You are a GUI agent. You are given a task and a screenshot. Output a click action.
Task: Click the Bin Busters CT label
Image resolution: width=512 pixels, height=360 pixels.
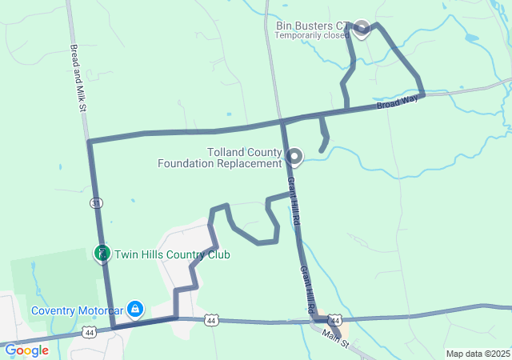pyautogui.click(x=314, y=26)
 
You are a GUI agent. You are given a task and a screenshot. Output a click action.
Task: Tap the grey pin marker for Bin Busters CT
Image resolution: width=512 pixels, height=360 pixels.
pyautogui.click(x=362, y=28)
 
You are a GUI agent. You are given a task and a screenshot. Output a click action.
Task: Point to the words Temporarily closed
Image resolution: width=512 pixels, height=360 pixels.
pyautogui.click(x=314, y=36)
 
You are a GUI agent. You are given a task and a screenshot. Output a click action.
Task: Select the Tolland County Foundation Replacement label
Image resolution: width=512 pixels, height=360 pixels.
pyautogui.click(x=244, y=158)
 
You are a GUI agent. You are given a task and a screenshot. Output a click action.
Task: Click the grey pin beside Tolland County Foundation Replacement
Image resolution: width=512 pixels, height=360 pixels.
pyautogui.click(x=294, y=155)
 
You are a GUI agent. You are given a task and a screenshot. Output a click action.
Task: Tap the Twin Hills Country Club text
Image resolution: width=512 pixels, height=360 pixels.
pyautogui.click(x=172, y=255)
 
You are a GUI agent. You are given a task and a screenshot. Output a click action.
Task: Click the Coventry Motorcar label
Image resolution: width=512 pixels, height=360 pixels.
pyautogui.click(x=77, y=310)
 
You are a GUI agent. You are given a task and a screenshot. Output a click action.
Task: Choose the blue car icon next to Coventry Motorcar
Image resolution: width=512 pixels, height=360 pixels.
pyautogui.click(x=135, y=308)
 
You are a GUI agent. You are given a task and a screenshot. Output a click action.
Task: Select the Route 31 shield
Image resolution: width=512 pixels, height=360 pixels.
pyautogui.click(x=96, y=203)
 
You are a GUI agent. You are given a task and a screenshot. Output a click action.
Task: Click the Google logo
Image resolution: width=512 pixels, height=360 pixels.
pyautogui.click(x=26, y=350)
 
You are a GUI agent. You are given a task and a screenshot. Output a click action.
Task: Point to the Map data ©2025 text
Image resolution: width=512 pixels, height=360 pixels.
pyautogui.click(x=477, y=354)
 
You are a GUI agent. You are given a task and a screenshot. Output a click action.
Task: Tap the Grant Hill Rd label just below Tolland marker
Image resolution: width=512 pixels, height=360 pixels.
pyautogui.click(x=293, y=198)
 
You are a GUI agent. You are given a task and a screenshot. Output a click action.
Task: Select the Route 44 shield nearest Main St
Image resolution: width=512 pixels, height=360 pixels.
pyautogui.click(x=335, y=319)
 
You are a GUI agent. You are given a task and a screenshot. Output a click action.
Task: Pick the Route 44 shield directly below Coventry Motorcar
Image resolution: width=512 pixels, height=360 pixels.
pyautogui.click(x=89, y=331)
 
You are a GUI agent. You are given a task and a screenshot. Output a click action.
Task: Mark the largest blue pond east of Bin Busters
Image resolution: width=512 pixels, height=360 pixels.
pyautogui.click(x=470, y=38)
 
